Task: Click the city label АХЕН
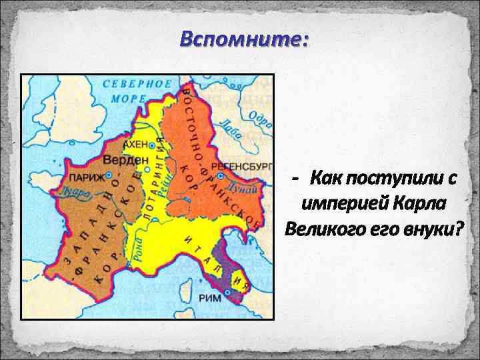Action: [134, 144]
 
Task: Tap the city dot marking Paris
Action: [101, 178]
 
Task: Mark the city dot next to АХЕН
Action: [153, 145]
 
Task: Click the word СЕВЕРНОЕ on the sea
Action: [137, 85]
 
